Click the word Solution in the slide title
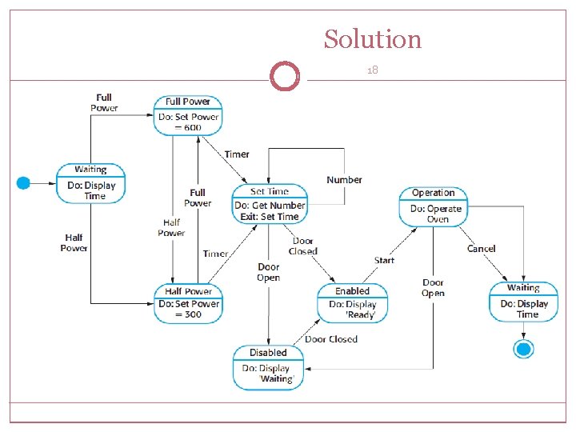click(x=372, y=38)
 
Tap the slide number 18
click(x=372, y=70)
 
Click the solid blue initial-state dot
click(x=24, y=183)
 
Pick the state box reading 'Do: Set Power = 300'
click(x=188, y=303)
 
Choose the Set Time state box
click(x=269, y=204)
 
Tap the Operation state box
click(x=433, y=206)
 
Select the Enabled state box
click(x=352, y=302)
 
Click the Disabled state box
click(x=269, y=367)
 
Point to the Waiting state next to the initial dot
click(x=91, y=183)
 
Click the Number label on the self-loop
click(x=344, y=180)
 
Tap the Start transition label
click(x=384, y=260)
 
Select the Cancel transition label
click(x=482, y=249)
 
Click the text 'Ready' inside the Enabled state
click(x=360, y=315)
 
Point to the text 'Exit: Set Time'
click(x=269, y=217)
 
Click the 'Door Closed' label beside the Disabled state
click(x=331, y=339)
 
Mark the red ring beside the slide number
click(x=284, y=77)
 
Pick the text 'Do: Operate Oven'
click(x=436, y=214)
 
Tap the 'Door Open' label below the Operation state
click(x=433, y=288)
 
